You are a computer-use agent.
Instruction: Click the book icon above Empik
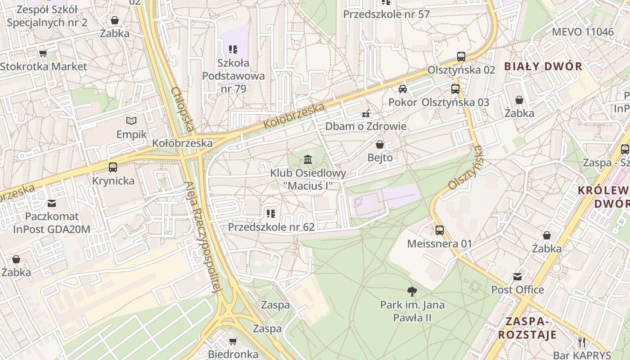pyautogui.click(x=131, y=121)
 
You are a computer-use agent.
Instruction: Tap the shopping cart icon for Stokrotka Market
pyautogui.click(x=43, y=54)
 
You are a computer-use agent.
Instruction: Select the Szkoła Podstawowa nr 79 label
pyautogui.click(x=233, y=76)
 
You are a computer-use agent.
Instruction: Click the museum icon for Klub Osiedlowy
pyautogui.click(x=308, y=160)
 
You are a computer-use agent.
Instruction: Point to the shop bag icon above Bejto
pyautogui.click(x=380, y=144)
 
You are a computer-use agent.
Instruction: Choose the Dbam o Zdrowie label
pyautogui.click(x=365, y=126)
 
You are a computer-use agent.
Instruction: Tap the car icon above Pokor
pyautogui.click(x=403, y=89)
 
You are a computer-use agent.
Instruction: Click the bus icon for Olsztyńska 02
pyautogui.click(x=461, y=57)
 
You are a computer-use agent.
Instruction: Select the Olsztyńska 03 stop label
pyautogui.click(x=455, y=102)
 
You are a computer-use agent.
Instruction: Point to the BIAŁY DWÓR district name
pyautogui.click(x=543, y=67)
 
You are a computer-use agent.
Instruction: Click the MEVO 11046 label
pyautogui.click(x=582, y=32)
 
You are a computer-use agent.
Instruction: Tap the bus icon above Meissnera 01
pyautogui.click(x=440, y=230)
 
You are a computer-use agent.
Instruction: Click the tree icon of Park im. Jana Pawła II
pyautogui.click(x=411, y=292)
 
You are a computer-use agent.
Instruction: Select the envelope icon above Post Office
pyautogui.click(x=517, y=276)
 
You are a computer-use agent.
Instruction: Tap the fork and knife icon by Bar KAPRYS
pyautogui.click(x=582, y=342)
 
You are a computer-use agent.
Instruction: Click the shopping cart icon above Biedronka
pyautogui.click(x=233, y=341)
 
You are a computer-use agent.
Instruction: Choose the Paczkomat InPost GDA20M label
pyautogui.click(x=52, y=223)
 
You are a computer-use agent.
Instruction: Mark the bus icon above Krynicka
pyautogui.click(x=113, y=167)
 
